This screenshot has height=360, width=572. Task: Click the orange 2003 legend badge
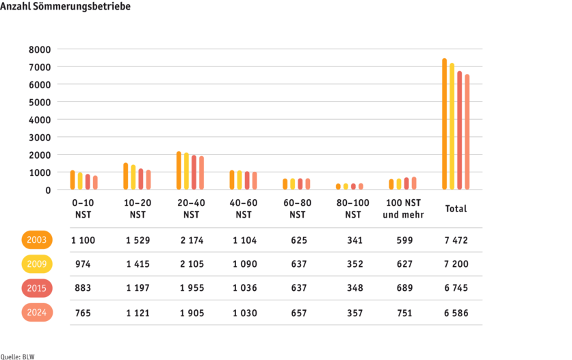(x=37, y=240)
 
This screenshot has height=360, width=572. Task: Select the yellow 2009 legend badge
(x=37, y=264)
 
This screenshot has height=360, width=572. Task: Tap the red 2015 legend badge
(x=37, y=288)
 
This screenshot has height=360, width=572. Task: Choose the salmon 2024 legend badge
(x=37, y=313)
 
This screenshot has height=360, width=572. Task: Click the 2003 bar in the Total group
(x=444, y=124)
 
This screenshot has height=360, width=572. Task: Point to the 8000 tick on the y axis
(x=40, y=49)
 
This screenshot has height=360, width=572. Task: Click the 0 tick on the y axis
(x=48, y=190)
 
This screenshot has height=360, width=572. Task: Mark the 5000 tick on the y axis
(x=40, y=102)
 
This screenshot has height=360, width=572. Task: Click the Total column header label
(x=456, y=209)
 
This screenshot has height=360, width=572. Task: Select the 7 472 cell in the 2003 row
(x=455, y=240)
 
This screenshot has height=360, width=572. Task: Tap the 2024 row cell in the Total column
(x=455, y=313)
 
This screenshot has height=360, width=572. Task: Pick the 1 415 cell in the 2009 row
(x=138, y=264)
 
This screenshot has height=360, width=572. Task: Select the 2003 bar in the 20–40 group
(x=179, y=170)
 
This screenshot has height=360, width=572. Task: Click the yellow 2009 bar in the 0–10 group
(x=80, y=181)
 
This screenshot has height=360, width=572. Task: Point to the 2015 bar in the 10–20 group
(x=141, y=179)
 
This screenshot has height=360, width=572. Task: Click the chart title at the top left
(x=65, y=6)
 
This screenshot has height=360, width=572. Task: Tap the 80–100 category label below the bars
(x=352, y=209)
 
